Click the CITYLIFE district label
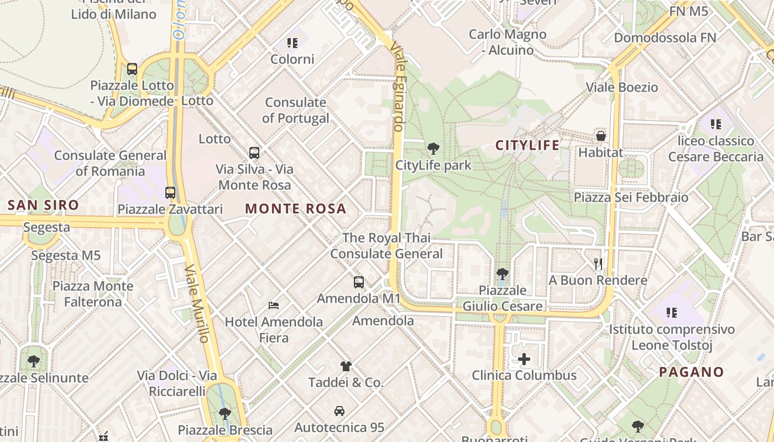[x=527, y=145]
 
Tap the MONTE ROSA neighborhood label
[x=296, y=209]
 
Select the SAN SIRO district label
[x=43, y=206]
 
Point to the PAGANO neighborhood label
[x=691, y=372]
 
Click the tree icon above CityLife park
[x=433, y=148]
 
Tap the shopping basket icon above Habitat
[x=601, y=135]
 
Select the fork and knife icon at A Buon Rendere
[x=598, y=264]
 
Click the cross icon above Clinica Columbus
[x=524, y=360]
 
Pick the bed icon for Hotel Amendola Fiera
[x=274, y=305]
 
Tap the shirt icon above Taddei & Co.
[x=346, y=366]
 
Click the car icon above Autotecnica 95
[x=339, y=411]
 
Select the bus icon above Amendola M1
[x=359, y=282]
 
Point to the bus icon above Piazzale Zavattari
[x=170, y=193]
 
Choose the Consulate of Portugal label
[x=296, y=110]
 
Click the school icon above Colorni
[x=292, y=43]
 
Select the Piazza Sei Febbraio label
[x=631, y=197]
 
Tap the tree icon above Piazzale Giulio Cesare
[x=503, y=273]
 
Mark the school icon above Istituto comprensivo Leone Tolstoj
[x=672, y=313]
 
